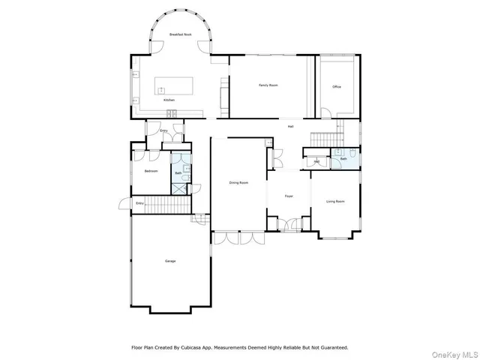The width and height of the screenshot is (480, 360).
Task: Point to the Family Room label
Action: pyautogui.click(x=268, y=85)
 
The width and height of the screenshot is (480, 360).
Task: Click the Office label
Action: pyautogui.click(x=337, y=87)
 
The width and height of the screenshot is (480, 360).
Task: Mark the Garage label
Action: pyautogui.click(x=170, y=261)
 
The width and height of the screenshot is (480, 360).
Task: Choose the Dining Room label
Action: pyautogui.click(x=238, y=182)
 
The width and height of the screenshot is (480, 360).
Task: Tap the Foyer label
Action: pyautogui.click(x=288, y=196)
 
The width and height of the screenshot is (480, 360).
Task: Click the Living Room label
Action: pyautogui.click(x=335, y=201)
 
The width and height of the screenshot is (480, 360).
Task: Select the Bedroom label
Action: pyautogui.click(x=151, y=171)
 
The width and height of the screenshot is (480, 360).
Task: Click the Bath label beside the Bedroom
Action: pyautogui.click(x=178, y=173)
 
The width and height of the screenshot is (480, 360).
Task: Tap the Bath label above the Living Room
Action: pyautogui.click(x=343, y=159)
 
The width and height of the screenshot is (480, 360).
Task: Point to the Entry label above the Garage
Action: pyautogui.click(x=139, y=203)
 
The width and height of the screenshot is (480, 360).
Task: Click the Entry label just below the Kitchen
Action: pyautogui.click(x=163, y=130)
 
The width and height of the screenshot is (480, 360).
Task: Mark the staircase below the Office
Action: pyautogui.click(x=325, y=138)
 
